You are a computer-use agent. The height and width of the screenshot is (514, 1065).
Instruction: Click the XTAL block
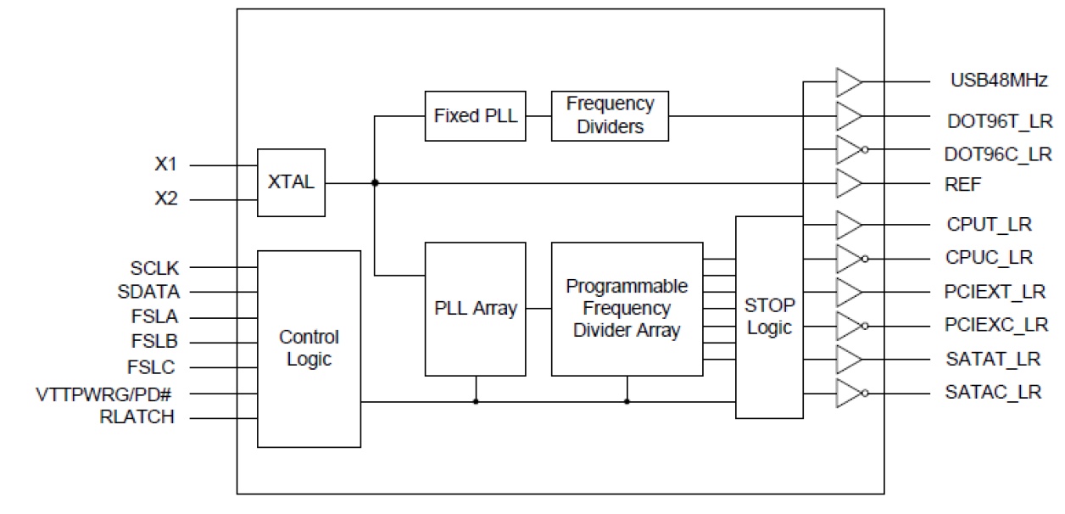291,182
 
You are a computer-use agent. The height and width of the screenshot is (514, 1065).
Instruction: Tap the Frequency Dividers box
610,115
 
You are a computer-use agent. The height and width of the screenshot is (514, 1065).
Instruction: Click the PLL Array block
475,309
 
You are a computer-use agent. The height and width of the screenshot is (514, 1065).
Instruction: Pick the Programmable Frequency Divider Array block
627,309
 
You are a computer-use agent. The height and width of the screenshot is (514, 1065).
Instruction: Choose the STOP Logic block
769,316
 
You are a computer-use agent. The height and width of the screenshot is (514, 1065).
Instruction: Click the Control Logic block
309,349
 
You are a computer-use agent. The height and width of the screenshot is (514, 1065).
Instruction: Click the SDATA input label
148,292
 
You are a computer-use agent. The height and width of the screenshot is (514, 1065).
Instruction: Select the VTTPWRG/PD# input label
105,394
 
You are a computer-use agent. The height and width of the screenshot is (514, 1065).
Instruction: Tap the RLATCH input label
137,417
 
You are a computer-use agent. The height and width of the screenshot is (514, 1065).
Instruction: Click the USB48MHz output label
999,81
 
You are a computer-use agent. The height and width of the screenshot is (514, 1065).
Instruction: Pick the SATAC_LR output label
993,393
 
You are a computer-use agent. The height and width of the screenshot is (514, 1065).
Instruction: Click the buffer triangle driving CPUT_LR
848,225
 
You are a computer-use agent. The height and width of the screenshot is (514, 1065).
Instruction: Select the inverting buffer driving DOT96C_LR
850,150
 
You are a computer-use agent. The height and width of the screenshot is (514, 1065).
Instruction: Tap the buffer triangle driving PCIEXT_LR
848,292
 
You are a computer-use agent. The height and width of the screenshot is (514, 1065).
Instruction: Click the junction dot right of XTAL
375,182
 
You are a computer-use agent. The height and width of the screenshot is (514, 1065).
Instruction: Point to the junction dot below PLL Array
475,401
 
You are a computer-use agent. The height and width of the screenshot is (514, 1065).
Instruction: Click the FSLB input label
153,342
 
